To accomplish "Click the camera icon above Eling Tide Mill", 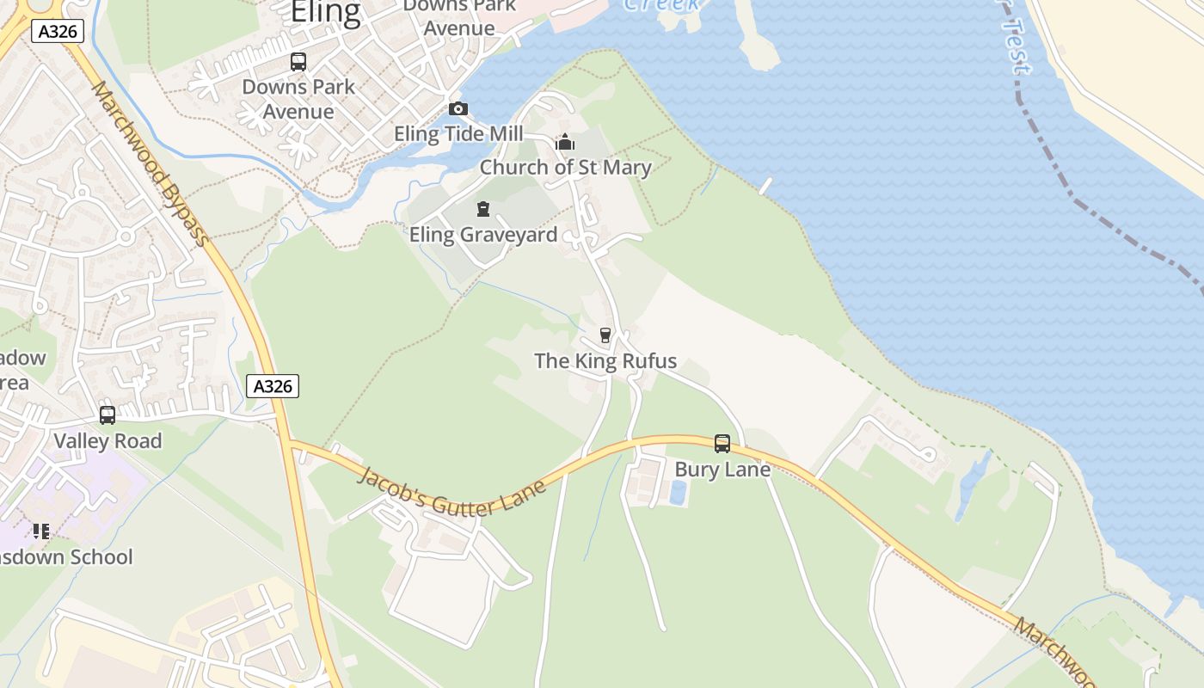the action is coord(458,109).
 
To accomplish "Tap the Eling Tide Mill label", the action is coord(458,134).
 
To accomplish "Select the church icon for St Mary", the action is coord(565,142).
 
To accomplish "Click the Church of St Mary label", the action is coord(565,167).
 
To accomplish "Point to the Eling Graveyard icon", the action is coord(482,209).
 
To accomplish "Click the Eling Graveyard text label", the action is coord(482,235).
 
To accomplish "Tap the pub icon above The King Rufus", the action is coord(605,335).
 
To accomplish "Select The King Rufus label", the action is coord(605,361).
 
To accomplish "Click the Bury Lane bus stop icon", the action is coord(722,444).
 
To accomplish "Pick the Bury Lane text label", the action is coord(722,470).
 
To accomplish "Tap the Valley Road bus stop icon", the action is coord(107,415).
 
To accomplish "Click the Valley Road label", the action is coord(107,441).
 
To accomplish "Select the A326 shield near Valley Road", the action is coord(273,386).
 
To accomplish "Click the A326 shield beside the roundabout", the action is coord(57,32).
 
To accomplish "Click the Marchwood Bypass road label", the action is coord(150,163).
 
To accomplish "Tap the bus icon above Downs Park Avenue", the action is coord(298,62).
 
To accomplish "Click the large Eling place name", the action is coord(325,13).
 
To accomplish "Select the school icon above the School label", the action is coord(40,531).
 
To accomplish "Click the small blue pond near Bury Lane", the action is coord(678,493).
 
